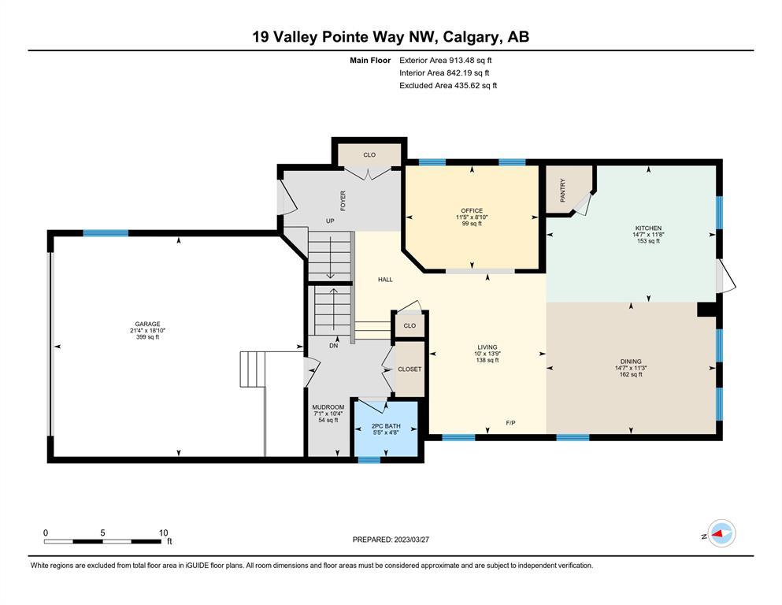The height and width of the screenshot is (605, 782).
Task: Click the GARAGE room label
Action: pos(147,324)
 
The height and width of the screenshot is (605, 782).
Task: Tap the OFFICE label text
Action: pos(472,210)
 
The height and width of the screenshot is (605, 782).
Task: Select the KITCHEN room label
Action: pos(648,228)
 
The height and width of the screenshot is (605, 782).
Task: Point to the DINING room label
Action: pos(631,362)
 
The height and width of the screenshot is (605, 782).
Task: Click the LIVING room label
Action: pos(487,347)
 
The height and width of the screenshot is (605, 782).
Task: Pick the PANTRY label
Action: pos(563,190)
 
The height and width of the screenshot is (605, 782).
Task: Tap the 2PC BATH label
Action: pos(386,426)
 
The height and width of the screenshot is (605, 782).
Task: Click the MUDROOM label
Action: pos(328,407)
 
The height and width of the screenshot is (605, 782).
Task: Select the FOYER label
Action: pos(343,201)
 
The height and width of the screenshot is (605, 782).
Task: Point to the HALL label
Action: pos(385,280)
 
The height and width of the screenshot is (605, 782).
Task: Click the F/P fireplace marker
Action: pos(510,423)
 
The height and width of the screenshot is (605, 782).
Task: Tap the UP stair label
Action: pos(330,221)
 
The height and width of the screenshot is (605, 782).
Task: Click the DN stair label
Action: pos(334,345)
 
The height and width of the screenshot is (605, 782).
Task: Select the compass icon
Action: pos(721,533)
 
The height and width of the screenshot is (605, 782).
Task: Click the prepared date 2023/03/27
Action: pos(411,540)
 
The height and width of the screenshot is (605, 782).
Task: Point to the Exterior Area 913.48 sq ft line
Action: pos(446,61)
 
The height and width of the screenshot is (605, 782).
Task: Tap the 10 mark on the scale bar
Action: pos(163,533)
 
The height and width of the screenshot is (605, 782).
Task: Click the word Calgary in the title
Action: pos(470,37)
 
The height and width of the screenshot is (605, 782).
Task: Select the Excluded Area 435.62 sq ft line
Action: pos(448,85)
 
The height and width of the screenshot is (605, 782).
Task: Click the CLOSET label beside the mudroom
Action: pos(410,369)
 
